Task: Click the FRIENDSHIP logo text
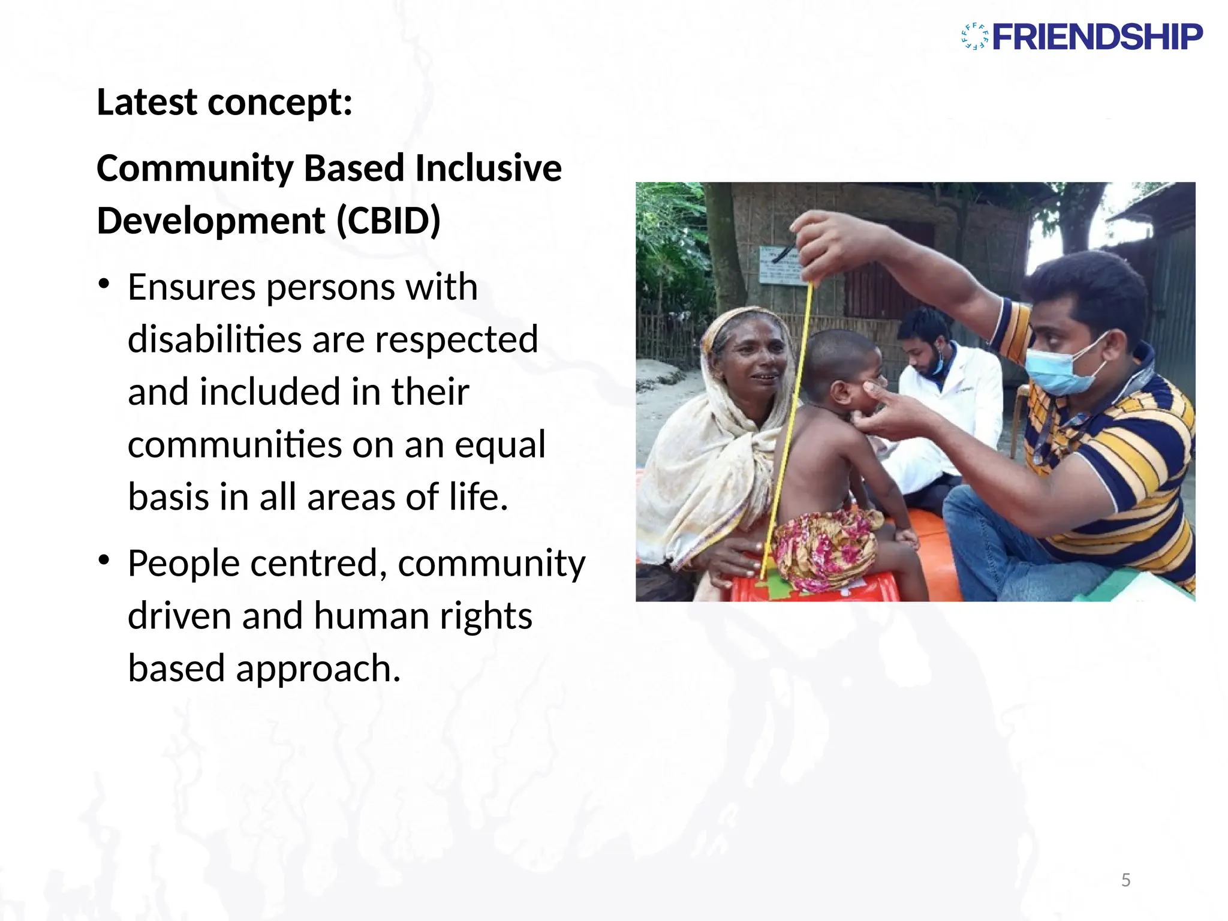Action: pos(1097,37)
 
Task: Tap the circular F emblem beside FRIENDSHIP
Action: pos(974,37)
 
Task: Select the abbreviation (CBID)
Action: pos(389,221)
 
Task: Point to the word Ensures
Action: pos(192,287)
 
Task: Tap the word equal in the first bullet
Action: pos(499,445)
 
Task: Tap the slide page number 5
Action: pos(1125,880)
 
